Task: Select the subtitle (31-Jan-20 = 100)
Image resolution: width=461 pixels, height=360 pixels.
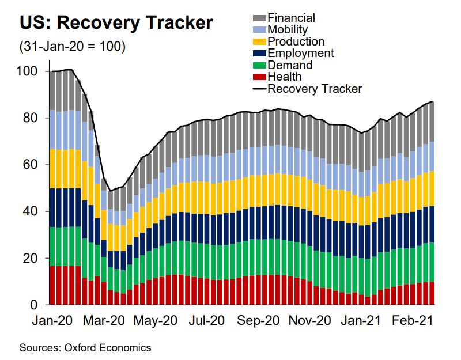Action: [72, 46]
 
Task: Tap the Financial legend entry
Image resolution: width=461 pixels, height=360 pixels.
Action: [291, 18]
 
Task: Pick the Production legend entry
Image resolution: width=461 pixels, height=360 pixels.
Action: [296, 41]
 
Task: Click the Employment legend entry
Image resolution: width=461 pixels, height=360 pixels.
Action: [300, 53]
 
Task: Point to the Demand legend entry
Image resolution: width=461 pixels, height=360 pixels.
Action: [290, 65]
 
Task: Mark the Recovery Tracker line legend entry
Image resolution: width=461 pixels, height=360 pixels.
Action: [315, 89]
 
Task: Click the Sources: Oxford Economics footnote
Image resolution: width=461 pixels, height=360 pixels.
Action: [85, 347]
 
